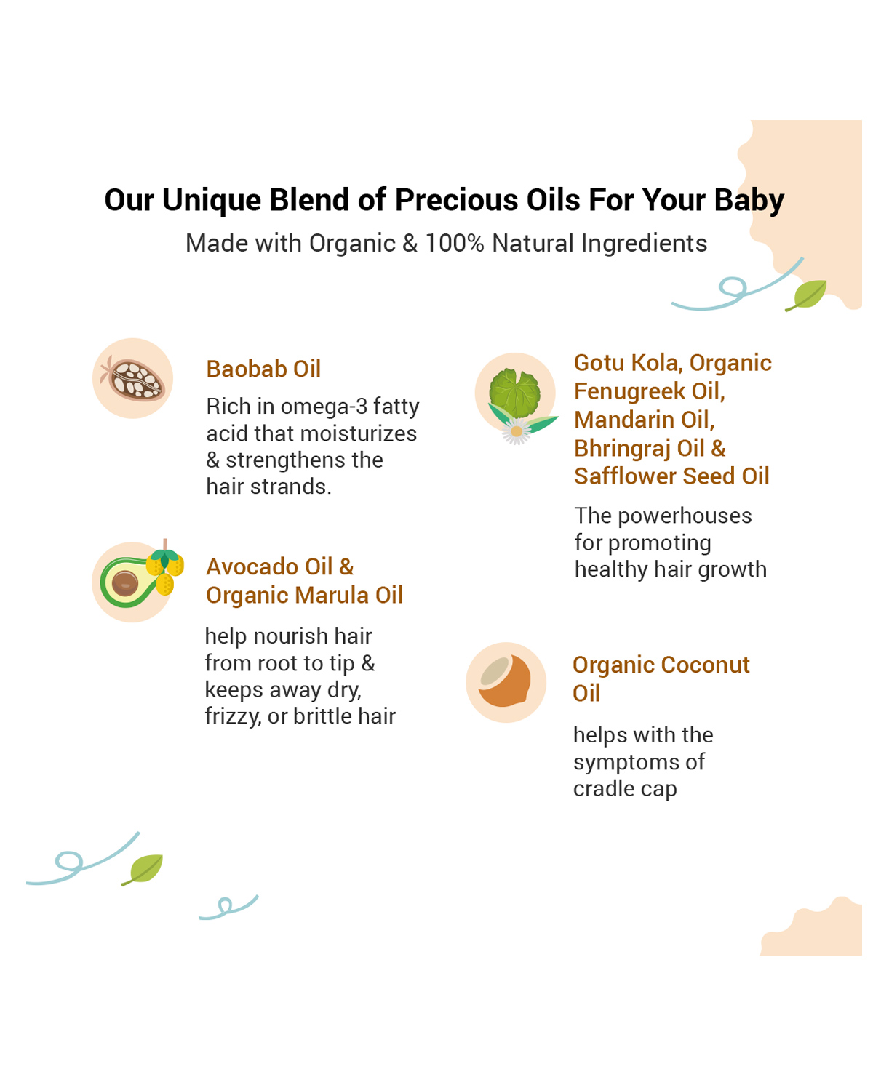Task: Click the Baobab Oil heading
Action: [263, 369]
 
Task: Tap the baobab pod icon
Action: [133, 379]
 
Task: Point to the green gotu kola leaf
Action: [514, 393]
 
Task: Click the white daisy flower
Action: [516, 431]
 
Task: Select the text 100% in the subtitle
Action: [455, 243]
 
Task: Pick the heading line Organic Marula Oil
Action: [304, 596]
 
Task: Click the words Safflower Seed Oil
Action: [671, 476]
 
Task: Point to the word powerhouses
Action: [685, 516]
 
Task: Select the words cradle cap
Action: [625, 790]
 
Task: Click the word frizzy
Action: [233, 717]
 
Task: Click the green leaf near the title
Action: [807, 295]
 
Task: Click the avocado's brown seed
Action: [125, 584]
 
